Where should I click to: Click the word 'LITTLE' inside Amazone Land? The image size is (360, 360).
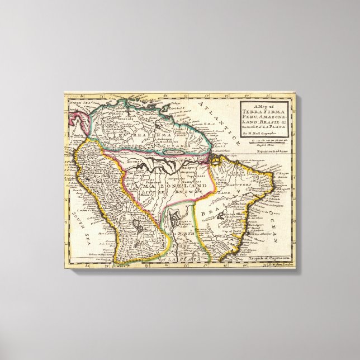(139, 190)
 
